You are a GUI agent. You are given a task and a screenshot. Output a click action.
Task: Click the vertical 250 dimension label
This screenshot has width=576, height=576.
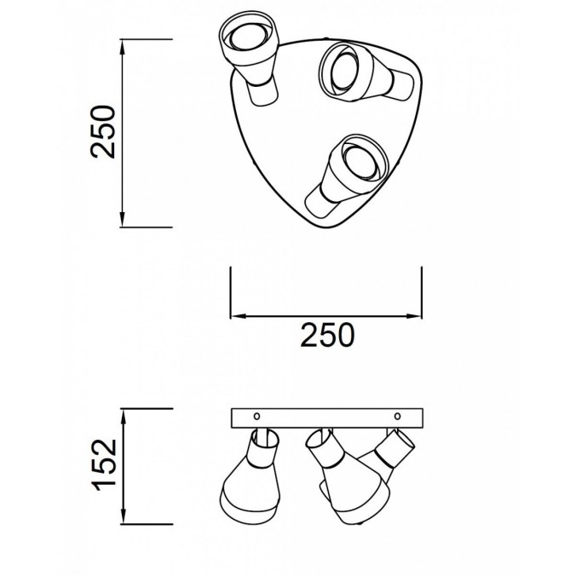[103, 132]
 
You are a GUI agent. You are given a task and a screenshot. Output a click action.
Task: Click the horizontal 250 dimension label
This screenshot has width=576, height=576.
[327, 335]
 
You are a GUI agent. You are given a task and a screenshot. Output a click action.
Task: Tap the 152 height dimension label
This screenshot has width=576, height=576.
[107, 464]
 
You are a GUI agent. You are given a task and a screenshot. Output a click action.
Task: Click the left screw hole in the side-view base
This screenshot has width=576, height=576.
[256, 416]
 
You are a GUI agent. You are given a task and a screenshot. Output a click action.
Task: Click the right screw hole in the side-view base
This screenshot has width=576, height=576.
[397, 416]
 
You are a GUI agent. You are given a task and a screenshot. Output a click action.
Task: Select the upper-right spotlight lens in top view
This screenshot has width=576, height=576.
[344, 72]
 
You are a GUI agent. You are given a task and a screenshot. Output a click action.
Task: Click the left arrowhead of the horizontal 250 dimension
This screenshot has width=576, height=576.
[238, 316]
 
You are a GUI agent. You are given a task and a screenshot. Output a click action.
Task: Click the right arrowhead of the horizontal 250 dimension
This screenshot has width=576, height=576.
[413, 316]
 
